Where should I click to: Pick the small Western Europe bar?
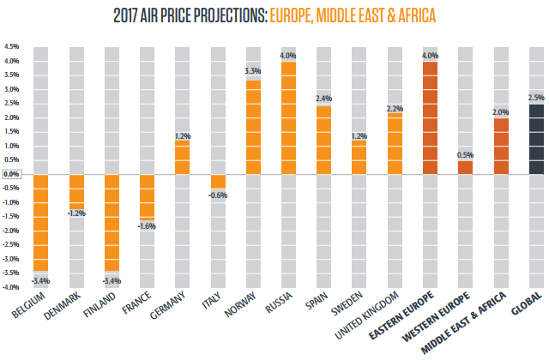point(466,167)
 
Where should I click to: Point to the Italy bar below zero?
point(218,181)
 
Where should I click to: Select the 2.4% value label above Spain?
point(324,99)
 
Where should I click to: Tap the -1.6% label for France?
point(147,225)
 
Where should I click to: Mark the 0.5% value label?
point(466,154)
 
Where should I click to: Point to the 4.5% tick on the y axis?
point(12,46)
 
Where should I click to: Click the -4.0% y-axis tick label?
point(11,287)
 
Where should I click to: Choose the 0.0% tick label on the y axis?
point(12,174)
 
